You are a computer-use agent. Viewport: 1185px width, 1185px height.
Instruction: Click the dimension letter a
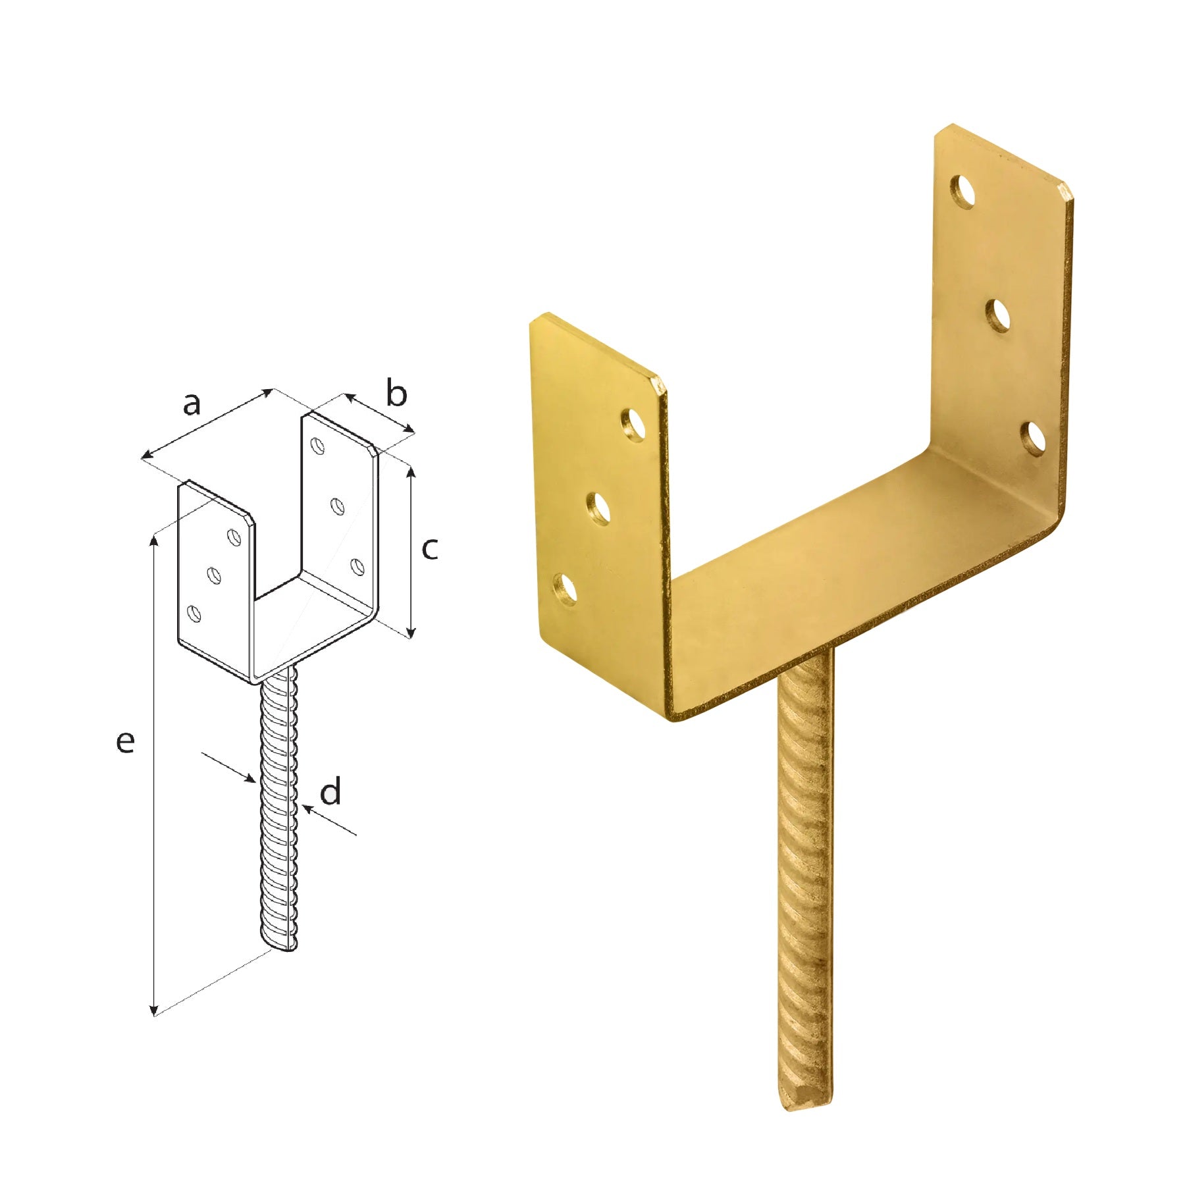(x=191, y=404)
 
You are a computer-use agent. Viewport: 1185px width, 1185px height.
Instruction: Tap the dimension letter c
(x=429, y=548)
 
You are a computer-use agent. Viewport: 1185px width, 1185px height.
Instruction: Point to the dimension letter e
(x=125, y=741)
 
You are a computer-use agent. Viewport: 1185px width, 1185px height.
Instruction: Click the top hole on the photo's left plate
(x=634, y=424)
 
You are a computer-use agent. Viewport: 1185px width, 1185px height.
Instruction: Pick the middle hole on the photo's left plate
(x=599, y=508)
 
